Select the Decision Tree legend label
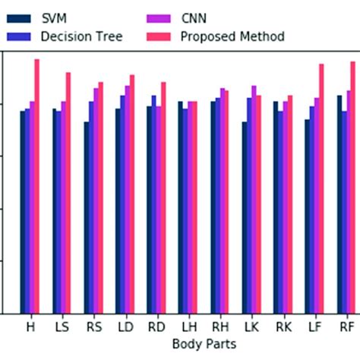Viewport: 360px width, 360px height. [x=83, y=36]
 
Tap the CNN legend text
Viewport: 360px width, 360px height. [x=194, y=17]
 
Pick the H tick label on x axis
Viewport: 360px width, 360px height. [x=30, y=327]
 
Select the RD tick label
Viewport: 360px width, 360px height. [x=156, y=327]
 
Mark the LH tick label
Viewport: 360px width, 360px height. [x=188, y=327]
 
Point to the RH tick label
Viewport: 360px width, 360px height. [x=219, y=327]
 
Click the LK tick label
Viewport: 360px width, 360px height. [x=251, y=327]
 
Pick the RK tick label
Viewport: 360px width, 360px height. [x=283, y=327]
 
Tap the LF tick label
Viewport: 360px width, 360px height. [x=314, y=327]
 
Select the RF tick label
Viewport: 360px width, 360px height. [x=346, y=327]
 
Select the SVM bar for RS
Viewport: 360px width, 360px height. [x=87, y=217]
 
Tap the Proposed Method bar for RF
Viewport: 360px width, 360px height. [x=352, y=187]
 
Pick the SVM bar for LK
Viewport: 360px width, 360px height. [x=245, y=217]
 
